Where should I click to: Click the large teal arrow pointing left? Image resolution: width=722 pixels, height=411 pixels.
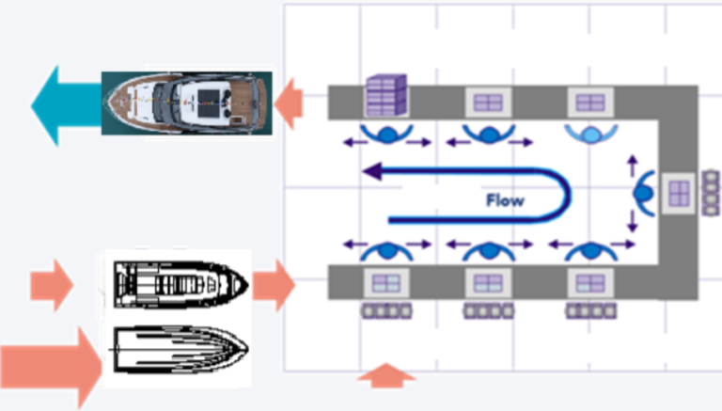coord(62,105)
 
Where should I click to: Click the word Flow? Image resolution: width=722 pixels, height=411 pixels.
coord(505,199)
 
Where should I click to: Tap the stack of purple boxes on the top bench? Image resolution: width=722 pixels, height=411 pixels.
coord(385,94)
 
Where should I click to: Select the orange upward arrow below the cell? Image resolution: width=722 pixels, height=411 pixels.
coord(385,376)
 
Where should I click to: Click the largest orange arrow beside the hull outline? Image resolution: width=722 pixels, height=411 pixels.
coord(51,367)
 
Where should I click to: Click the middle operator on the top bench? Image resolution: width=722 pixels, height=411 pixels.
coord(488,134)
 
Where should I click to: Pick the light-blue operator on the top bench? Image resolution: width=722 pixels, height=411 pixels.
coord(589,134)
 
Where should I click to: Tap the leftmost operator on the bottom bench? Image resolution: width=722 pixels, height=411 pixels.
coord(385,251)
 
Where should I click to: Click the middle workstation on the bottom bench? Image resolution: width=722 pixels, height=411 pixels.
coord(488,282)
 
